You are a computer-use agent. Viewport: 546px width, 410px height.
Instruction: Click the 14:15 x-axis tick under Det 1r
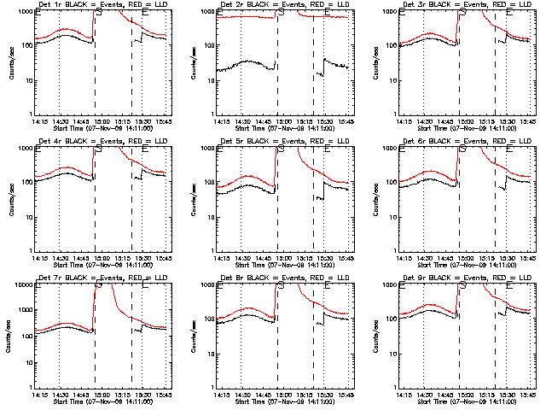[x=38, y=121]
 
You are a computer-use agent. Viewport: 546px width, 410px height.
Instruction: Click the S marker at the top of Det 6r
[x=462, y=149]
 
